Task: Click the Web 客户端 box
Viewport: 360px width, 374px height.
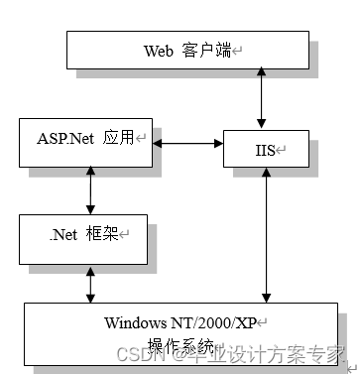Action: click(187, 50)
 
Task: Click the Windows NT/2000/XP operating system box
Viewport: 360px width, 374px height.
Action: click(186, 336)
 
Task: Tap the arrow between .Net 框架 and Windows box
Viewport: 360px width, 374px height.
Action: click(91, 283)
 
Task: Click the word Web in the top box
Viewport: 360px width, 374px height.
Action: click(160, 51)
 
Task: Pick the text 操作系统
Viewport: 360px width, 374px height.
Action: click(177, 344)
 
